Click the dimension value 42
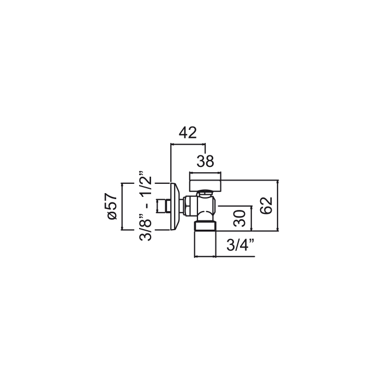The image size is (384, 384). (188, 133)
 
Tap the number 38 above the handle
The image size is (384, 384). (205, 161)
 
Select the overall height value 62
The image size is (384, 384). (266, 205)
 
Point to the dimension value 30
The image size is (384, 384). (239, 218)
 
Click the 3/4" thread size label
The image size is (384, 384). (240, 245)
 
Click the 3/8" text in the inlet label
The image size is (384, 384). (146, 230)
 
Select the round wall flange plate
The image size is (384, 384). (175, 206)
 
